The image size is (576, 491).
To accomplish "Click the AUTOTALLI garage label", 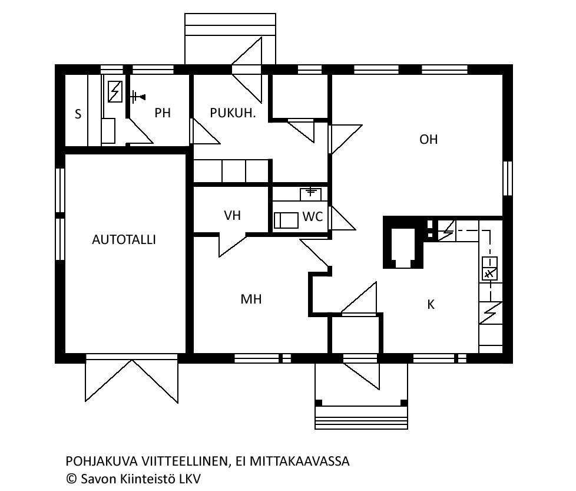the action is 124,240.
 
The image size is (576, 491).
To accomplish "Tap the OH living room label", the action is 428,139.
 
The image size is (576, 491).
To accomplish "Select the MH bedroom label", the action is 251,299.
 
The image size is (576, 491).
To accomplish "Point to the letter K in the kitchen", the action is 431,304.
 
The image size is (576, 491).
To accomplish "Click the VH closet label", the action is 232,215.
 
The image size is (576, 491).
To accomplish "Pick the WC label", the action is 313,217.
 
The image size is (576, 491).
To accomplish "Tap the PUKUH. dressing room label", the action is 233,113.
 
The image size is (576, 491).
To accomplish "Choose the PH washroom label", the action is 163,113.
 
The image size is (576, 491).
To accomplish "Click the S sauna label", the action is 78,114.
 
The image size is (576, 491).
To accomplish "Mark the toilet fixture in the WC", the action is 286,220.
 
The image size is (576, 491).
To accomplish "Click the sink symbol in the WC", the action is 311,194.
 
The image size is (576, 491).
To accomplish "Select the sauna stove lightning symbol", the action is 115,91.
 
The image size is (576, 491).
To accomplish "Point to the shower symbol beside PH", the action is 137,97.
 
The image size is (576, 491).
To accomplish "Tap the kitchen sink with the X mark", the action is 489,269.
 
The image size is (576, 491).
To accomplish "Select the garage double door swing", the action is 132,381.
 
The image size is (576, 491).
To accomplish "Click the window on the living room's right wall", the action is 507,179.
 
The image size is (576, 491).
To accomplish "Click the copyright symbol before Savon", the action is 71,479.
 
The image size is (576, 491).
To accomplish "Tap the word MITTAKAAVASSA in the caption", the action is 299,461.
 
